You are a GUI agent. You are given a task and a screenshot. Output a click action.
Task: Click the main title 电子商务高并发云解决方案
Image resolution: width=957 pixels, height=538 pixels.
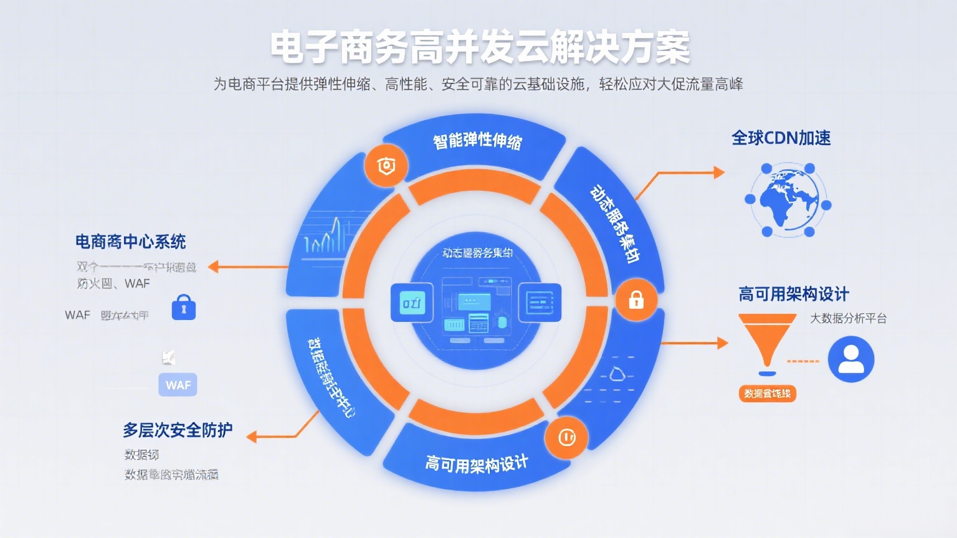[480, 47]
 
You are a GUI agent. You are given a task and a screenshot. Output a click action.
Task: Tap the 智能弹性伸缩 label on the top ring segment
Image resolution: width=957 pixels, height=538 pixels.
[477, 141]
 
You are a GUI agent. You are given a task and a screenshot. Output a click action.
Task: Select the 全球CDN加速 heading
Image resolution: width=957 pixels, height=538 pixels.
[781, 138]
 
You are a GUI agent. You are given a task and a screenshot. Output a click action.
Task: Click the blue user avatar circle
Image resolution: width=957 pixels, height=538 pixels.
[850, 359]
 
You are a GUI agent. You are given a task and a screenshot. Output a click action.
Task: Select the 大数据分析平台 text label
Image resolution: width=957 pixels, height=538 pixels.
[848, 318]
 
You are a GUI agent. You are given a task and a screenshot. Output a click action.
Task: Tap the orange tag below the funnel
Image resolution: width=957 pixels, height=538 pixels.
[767, 394]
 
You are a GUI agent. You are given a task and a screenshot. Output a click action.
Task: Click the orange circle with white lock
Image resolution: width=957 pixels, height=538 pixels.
[636, 300]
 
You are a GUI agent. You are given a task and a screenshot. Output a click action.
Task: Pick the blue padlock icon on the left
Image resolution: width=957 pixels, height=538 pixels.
[183, 308]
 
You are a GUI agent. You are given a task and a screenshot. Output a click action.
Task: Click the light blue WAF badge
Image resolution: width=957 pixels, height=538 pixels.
[178, 385]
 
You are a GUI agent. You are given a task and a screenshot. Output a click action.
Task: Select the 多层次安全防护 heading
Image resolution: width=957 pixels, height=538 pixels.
[178, 430]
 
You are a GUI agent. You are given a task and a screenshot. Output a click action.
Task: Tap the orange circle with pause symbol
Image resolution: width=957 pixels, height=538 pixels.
[566, 438]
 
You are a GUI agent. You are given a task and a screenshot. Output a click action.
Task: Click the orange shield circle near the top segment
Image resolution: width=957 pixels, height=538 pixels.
[386, 166]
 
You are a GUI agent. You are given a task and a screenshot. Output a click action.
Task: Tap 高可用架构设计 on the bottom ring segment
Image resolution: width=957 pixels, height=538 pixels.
[477, 463]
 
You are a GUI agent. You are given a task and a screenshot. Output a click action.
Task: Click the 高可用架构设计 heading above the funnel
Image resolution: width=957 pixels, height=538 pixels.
[793, 294]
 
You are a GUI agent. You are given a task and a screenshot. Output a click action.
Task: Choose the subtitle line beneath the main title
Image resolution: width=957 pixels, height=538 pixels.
[478, 84]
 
